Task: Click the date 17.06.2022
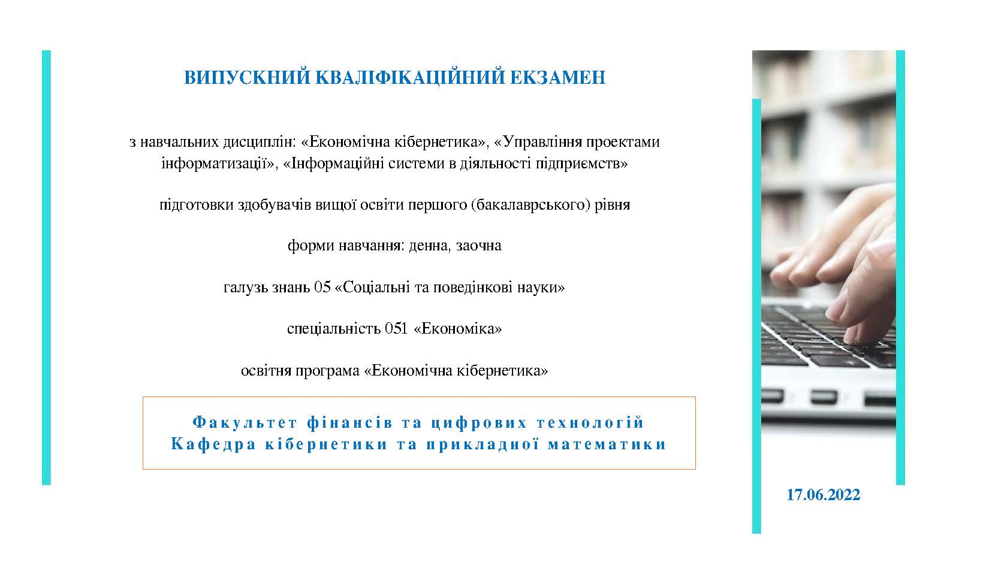[824, 495]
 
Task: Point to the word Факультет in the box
[245, 422]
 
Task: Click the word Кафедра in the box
[213, 444]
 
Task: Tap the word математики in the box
[607, 444]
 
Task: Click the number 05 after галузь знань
[322, 287]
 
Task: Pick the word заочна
[479, 246]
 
